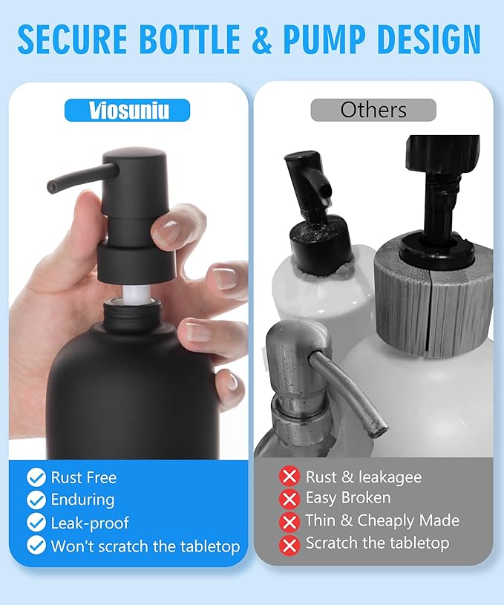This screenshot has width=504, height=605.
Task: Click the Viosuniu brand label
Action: [127, 111]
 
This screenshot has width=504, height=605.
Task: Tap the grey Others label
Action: [373, 110]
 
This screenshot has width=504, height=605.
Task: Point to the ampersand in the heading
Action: [261, 40]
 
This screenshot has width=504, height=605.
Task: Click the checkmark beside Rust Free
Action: [36, 477]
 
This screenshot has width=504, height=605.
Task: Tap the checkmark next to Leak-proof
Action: [36, 523]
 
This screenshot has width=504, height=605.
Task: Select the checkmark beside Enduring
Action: [36, 500]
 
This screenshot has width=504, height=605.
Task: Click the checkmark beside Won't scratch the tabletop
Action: [36, 546]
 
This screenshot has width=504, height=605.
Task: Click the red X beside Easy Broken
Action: [289, 498]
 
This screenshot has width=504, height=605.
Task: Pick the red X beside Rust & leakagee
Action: [289, 476]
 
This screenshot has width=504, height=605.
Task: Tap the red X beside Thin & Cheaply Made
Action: [289, 521]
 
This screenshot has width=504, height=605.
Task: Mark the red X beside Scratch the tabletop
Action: [289, 544]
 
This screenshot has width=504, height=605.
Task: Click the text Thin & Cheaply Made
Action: [382, 520]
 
